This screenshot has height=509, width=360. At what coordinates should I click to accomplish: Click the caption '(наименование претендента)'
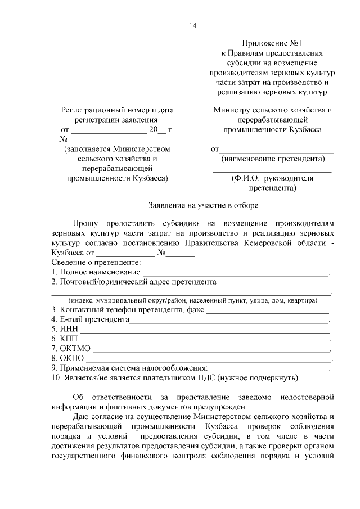(272, 159)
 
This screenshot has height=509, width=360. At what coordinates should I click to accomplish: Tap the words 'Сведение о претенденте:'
(96, 263)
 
